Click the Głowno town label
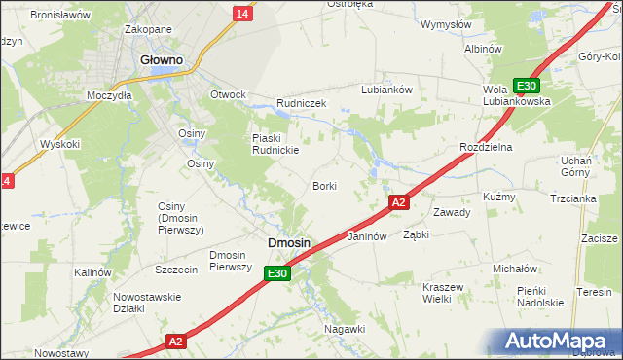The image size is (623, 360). pyautogui.click(x=162, y=59)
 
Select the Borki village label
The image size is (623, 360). pyautogui.click(x=324, y=185)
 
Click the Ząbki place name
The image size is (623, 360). pyautogui.click(x=417, y=234)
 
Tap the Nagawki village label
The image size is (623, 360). pyautogui.click(x=345, y=329)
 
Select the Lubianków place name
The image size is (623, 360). pyautogui.click(x=387, y=89)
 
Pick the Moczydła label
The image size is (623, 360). pyautogui.click(x=108, y=96)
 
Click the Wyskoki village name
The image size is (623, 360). pyautogui.click(x=59, y=144)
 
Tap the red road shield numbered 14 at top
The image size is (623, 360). pyautogui.click(x=241, y=12)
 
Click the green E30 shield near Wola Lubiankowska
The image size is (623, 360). pyautogui.click(x=526, y=85)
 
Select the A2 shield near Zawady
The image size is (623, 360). pyautogui.click(x=397, y=202)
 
